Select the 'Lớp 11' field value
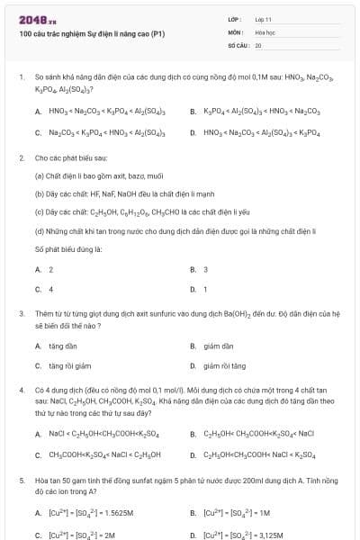[x=263, y=19]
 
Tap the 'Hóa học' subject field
[x=265, y=31]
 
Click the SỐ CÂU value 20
[x=258, y=44]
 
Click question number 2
[x=21, y=157]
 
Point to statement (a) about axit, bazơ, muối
[x=85, y=175]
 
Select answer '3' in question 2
[x=205, y=269]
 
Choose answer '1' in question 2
[x=205, y=289]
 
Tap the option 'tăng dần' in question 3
[x=63, y=346]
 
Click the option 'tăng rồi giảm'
[x=69, y=365]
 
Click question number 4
[x=21, y=391]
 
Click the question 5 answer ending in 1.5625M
[x=91, y=513]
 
